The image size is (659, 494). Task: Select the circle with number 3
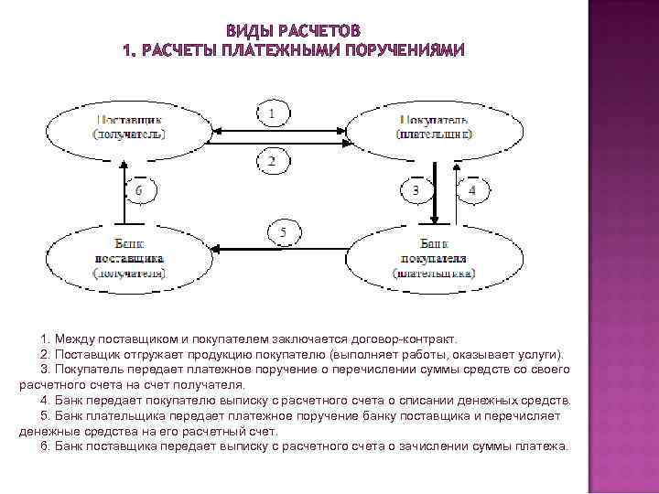(x=416, y=190)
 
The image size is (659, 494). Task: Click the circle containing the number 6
(x=139, y=190)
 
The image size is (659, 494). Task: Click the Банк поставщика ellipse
(x=128, y=257)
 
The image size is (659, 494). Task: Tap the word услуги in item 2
(x=543, y=354)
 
